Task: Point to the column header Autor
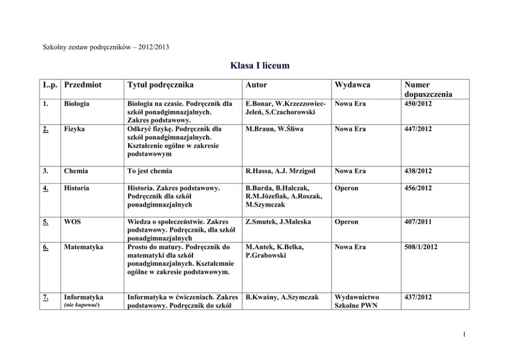click(x=257, y=85)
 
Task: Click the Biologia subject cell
click(x=76, y=104)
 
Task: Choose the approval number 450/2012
click(x=418, y=104)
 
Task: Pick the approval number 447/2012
click(x=418, y=129)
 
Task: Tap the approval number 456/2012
click(x=418, y=188)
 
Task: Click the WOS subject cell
click(x=72, y=222)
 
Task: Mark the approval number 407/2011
click(x=418, y=222)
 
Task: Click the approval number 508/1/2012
click(x=421, y=247)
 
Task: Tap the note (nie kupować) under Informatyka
click(x=81, y=305)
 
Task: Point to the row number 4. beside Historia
click(x=46, y=188)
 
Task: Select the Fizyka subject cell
click(x=74, y=129)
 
